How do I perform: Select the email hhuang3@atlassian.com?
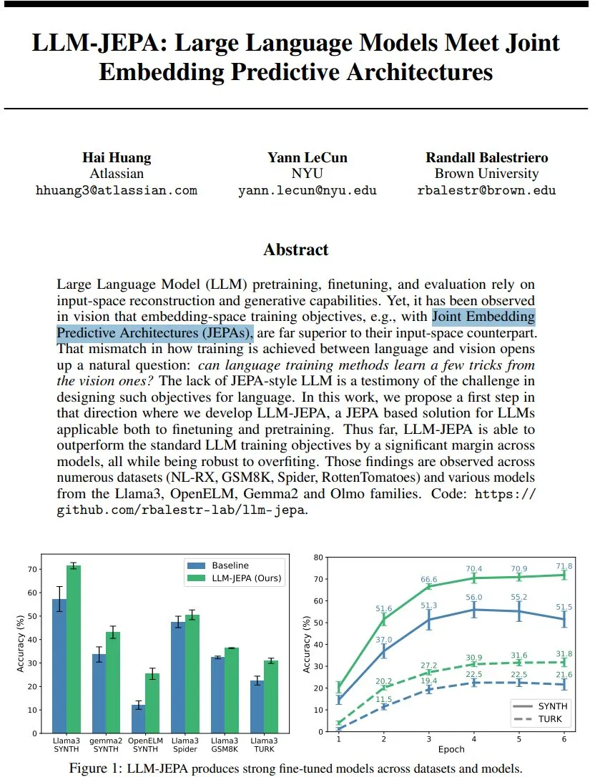point(116,190)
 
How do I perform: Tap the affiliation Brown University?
point(486,174)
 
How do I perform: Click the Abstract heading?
point(296,249)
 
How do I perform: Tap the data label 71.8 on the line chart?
point(565,566)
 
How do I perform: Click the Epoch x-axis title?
point(451,750)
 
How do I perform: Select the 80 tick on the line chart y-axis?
point(318,556)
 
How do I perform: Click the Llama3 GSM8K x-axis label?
point(225,746)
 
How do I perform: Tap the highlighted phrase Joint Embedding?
point(484,317)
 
